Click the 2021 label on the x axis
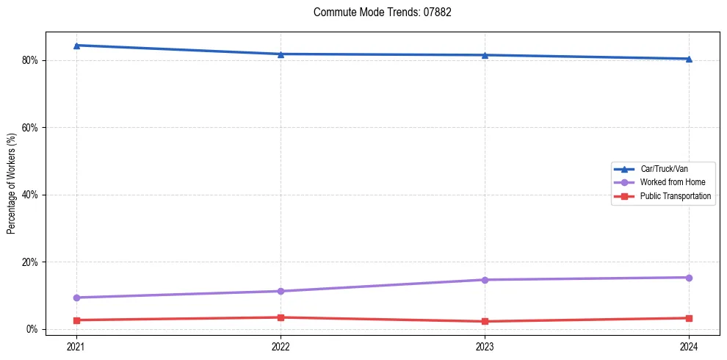coord(76,345)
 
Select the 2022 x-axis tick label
coord(281,345)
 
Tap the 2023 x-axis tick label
coord(485,345)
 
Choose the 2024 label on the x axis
coord(689,345)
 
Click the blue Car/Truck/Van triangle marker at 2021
coord(76,46)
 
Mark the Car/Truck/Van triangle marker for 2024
coord(689,59)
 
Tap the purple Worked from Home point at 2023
coord(485,280)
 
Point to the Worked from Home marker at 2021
coord(76,298)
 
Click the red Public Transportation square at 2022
coord(281,317)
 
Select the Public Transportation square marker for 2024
coord(689,318)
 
